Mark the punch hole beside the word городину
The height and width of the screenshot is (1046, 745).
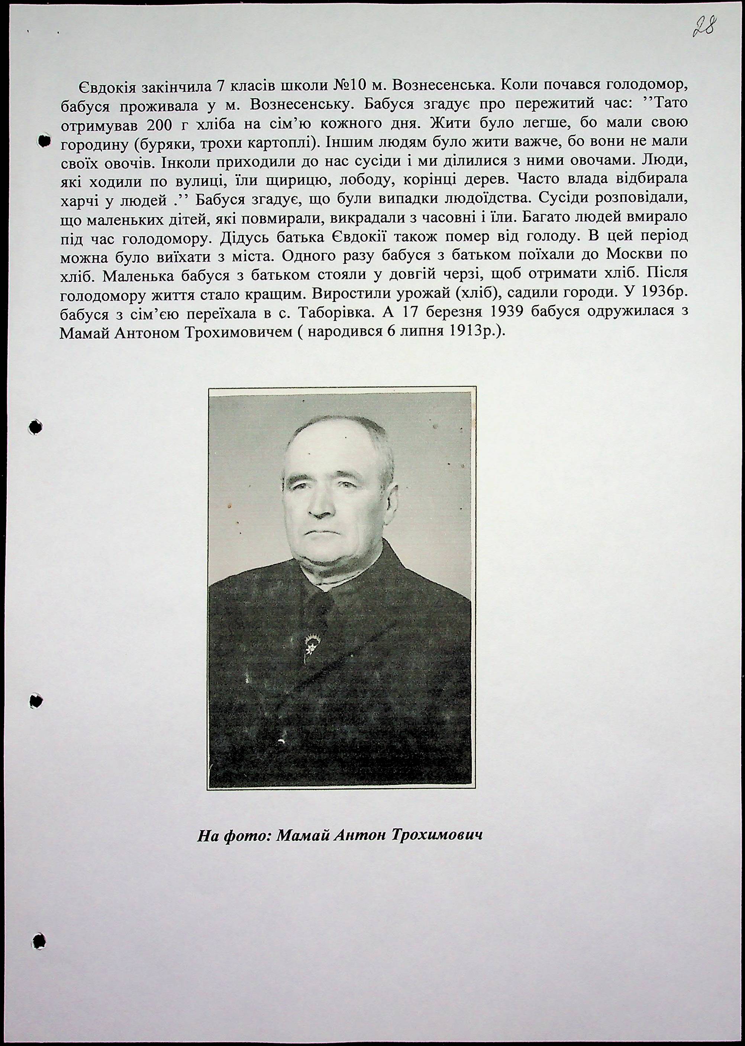(x=43, y=141)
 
